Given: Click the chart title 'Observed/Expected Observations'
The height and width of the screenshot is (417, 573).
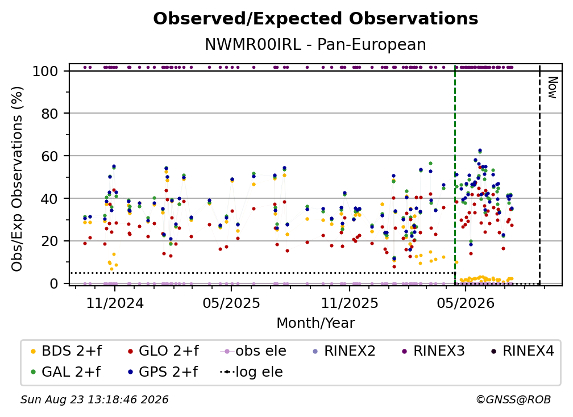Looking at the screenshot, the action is coord(315,19).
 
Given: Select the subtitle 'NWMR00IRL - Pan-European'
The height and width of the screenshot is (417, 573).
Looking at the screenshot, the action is coord(315,44).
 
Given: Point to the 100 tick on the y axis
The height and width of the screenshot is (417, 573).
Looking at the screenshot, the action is coord(45,71).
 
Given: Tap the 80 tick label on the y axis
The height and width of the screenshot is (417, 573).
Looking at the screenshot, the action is coord(49,114).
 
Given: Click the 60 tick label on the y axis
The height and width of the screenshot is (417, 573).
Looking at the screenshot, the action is coord(49,156).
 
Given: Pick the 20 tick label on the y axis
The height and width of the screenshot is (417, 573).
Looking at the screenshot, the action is coord(49,241).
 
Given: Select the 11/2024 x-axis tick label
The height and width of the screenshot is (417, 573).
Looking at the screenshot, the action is coord(115,303).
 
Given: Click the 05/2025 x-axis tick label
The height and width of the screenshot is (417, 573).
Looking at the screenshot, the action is coord(231,303).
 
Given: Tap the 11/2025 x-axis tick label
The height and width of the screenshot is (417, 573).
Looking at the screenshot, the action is coord(350,303).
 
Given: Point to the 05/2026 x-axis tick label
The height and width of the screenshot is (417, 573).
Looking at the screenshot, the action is coord(466,303).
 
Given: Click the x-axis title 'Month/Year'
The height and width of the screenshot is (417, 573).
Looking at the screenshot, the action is coord(315,323).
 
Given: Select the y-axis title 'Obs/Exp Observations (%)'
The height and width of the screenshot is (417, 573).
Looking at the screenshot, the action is coord(17,178).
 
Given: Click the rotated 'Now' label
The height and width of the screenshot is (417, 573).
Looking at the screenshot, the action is coord(553,87).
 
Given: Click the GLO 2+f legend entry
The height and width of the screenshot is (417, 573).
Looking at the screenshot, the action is coord(163,351).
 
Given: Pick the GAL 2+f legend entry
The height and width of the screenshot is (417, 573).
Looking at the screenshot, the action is coord(65,372).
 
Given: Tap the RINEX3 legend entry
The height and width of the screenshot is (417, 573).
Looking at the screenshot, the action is coord(433,351).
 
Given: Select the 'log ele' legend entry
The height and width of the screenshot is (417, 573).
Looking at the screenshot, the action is coord(251,372).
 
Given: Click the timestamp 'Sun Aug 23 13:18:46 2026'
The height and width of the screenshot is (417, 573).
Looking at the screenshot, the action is coord(94,400).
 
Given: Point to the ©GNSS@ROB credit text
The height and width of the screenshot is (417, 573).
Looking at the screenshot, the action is coord(513,400).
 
